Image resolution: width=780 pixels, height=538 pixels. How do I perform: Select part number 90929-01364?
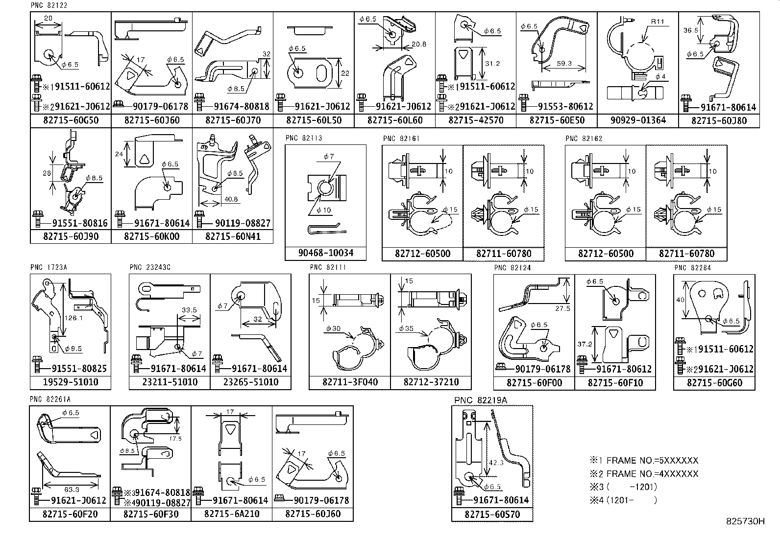coord(638,120)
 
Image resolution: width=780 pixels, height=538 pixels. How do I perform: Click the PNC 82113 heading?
coord(304,139)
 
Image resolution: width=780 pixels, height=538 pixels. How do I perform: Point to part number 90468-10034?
coord(325,254)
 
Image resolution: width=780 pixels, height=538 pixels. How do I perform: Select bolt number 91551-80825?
coord(79,369)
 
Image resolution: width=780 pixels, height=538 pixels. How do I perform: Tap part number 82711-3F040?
coord(350,382)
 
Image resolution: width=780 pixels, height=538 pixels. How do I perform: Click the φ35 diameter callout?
coord(406,328)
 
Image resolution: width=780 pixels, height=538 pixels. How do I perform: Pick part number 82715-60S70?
coord(492,515)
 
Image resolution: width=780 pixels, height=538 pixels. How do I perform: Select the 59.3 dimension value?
coord(564,64)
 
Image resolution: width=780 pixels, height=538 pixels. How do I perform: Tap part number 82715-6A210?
coord(232,514)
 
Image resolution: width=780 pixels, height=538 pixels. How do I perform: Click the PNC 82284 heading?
coord(692,268)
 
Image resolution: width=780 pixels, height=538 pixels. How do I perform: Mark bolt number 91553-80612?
coord(563,106)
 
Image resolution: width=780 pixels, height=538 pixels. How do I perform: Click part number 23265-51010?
coord(250,382)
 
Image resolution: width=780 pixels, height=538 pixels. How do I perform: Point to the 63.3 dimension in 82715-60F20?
coord(71,489)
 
